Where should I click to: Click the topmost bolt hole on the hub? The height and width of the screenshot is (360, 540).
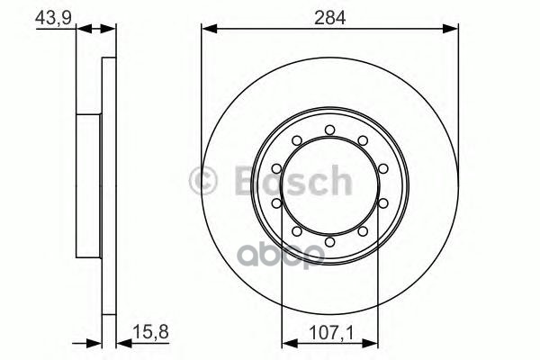[329, 131]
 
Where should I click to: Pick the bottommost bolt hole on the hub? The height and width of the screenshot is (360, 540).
[329, 241]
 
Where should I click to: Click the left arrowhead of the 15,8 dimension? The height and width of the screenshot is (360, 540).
[96, 341]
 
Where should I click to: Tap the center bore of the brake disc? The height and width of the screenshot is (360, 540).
[329, 186]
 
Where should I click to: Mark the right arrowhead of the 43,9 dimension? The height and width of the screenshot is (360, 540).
[113, 30]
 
